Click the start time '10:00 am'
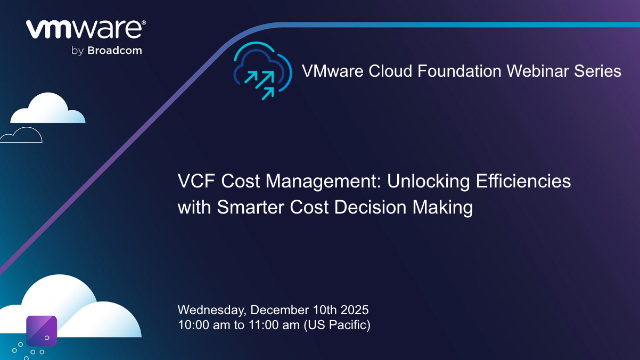click(x=200, y=324)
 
